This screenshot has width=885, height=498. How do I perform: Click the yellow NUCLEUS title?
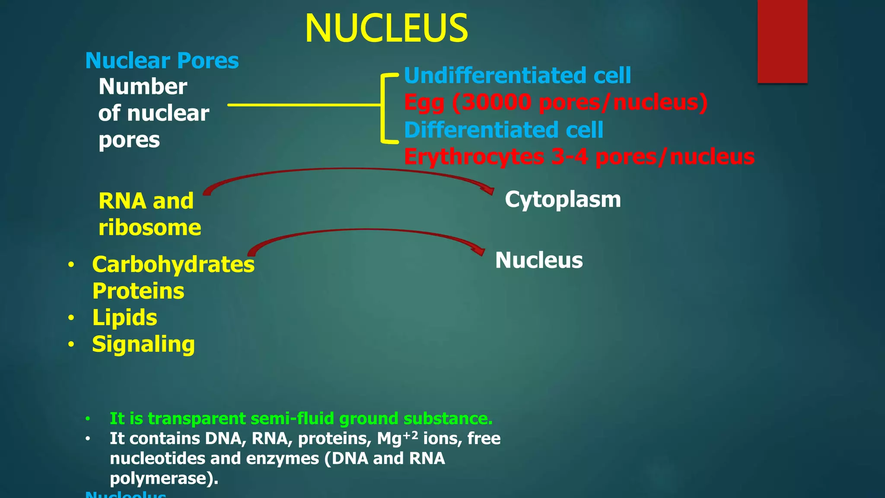point(386,29)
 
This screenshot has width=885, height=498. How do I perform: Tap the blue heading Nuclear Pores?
point(162,61)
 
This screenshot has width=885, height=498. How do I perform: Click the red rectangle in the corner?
point(782,41)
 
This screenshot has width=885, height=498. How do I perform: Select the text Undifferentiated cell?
point(517,75)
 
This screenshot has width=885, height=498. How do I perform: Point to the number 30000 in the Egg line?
point(496,102)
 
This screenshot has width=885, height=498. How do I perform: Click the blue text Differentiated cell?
point(503,130)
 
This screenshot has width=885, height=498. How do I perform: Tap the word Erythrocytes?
point(474,156)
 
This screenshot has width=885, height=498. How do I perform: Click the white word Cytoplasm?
point(563,199)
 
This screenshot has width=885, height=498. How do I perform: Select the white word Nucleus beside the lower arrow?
point(539,260)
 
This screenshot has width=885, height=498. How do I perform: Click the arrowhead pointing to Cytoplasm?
point(489,190)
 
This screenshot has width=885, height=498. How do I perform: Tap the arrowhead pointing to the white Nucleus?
point(479,251)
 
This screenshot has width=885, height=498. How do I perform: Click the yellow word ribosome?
point(150,228)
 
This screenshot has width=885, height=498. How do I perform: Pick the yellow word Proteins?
point(138,291)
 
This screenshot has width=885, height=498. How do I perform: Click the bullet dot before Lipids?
point(71,318)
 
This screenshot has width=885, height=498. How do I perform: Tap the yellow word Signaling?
point(143,345)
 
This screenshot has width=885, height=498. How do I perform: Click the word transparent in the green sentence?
point(197,418)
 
